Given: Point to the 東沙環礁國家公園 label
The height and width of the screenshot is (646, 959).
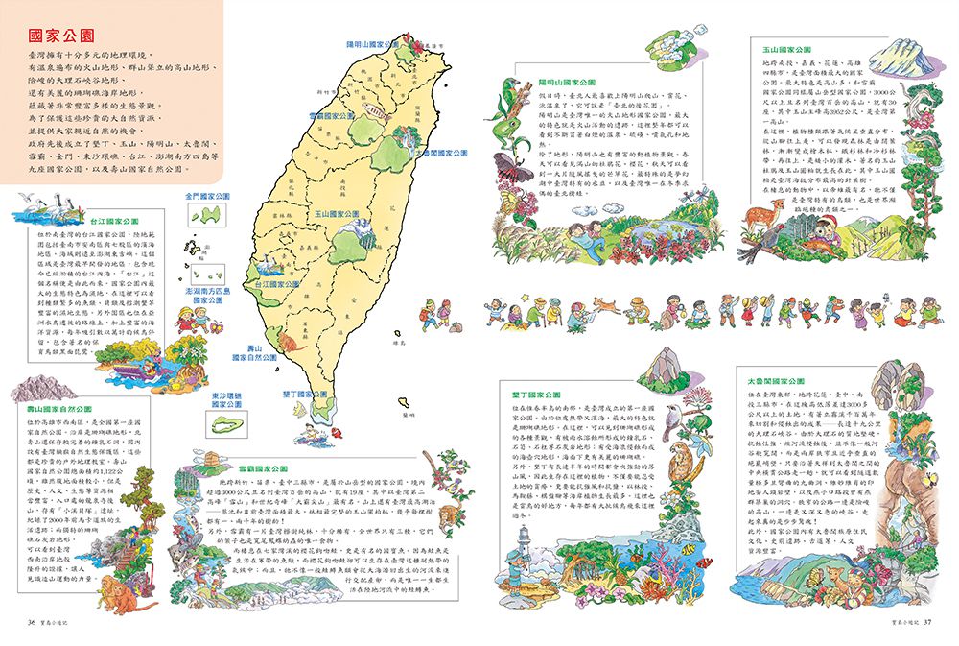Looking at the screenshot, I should (x=227, y=398).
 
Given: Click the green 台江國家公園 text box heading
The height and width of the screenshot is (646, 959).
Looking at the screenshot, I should (x=114, y=221).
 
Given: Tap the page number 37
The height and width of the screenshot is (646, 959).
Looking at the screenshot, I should (x=927, y=621).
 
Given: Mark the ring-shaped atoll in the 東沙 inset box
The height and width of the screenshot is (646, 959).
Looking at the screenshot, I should (x=227, y=426).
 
